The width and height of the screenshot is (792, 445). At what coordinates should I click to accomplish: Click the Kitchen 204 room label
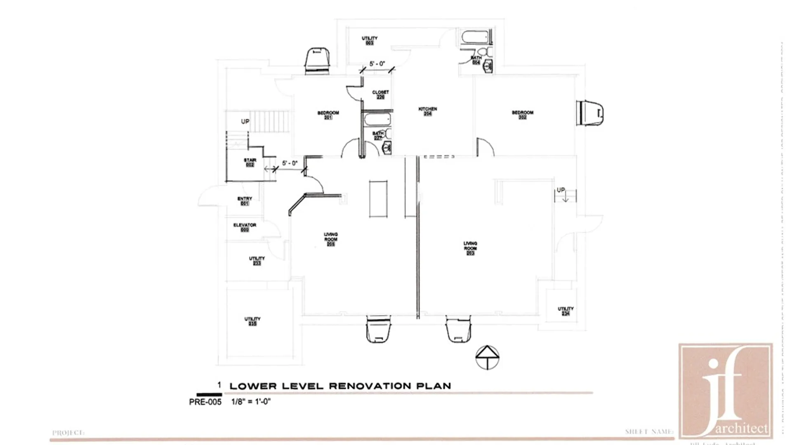coord(428,111)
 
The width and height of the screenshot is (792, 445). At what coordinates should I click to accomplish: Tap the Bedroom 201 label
coord(328,115)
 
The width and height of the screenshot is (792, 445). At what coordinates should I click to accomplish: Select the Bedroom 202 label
coord(523,115)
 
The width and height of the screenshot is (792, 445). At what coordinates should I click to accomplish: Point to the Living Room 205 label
coord(330,239)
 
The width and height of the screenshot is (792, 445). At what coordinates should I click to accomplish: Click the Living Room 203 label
coord(470,248)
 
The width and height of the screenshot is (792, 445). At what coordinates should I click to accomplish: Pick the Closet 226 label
coord(380,94)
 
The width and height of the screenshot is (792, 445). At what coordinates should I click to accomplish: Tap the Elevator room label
coord(245,227)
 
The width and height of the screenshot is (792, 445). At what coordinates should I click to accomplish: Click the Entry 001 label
coord(245,201)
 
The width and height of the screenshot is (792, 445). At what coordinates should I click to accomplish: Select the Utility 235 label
coord(252,321)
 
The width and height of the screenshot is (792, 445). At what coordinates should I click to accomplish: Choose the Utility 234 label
coord(566,311)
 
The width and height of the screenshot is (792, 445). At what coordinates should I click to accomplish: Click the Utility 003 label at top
coord(370,40)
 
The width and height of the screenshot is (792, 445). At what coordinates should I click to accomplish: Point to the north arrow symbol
coord(487,357)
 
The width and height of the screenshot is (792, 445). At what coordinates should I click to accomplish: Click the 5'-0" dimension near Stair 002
coord(290,163)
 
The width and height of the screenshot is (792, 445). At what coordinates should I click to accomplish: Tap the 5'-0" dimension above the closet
coord(377,64)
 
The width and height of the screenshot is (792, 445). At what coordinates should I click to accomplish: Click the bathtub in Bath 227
coord(377,120)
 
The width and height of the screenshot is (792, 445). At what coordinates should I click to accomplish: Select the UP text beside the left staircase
coord(245,122)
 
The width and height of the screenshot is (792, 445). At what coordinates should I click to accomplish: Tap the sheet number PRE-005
coord(205,402)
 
